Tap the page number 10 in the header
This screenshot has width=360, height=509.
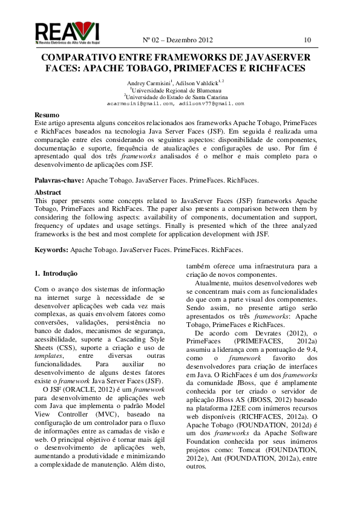(308, 41)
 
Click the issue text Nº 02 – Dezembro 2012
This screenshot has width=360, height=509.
(178, 41)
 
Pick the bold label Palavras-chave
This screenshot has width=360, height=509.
(59, 180)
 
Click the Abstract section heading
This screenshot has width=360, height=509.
(48, 192)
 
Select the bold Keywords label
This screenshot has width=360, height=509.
(51, 249)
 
